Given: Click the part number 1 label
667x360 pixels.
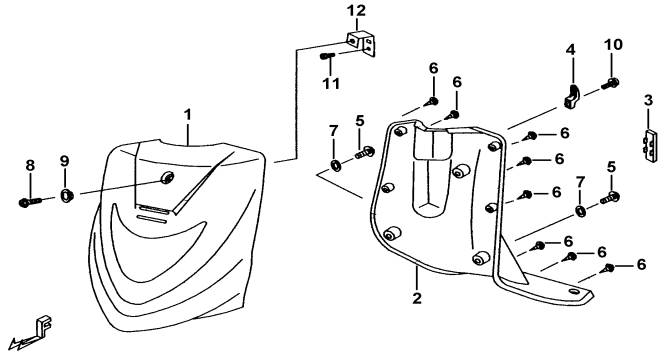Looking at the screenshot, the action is pos(188,115).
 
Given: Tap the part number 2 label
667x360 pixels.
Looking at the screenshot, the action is pos(417,298).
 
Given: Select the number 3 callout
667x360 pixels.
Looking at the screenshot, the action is pos(648,101).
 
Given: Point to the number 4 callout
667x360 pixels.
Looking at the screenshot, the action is pos(570,50).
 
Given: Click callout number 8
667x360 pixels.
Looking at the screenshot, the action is pos(30,166).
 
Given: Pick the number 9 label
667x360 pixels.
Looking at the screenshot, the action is pos(64,161).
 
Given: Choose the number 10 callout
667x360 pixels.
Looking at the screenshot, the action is pos(613,44).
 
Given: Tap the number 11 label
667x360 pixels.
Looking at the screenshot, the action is pos(331,83).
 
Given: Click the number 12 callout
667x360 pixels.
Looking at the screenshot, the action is pos(356,11).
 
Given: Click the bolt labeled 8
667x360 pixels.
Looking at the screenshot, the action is pos(30,202).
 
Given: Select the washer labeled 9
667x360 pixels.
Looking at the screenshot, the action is pos(67,196).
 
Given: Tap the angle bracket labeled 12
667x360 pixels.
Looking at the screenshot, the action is pos(362,43).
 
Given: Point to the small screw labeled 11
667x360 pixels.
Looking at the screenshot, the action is pos(328,56).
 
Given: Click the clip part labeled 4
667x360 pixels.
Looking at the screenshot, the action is pos(573,97).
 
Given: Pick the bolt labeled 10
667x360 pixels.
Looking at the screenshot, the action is pos(610,84).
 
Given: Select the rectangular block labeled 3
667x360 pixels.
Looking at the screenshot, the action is pos(650,145).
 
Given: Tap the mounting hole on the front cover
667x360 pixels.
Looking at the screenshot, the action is pos(167,177).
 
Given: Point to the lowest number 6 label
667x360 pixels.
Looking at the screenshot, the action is pos(641,265).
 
